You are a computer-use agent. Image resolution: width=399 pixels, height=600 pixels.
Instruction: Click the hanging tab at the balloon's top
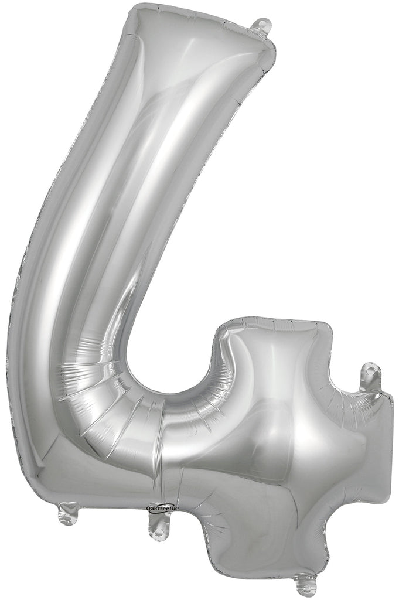pos(262,26)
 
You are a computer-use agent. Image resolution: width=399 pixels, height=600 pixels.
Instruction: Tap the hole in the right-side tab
pos(371,370)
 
